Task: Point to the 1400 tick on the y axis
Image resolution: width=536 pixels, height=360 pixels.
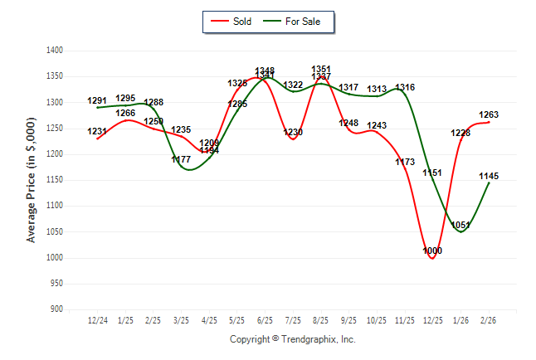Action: (x=56, y=51)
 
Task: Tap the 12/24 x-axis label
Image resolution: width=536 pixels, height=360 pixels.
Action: (x=97, y=320)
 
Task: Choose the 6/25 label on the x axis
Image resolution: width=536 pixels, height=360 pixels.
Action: (x=266, y=320)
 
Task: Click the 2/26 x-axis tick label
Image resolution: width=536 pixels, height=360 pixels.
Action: (x=489, y=320)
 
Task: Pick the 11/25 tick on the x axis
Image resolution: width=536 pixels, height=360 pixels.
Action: (x=405, y=320)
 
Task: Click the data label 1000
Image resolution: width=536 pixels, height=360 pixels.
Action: (x=432, y=251)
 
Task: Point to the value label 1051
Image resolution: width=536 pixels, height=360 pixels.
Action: (x=460, y=225)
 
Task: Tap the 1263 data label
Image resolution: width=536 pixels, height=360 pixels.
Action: (x=489, y=114)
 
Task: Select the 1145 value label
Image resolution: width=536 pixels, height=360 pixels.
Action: (x=489, y=176)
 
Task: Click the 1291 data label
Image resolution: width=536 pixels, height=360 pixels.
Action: (x=97, y=101)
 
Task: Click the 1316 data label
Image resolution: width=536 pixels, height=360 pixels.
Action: (x=405, y=88)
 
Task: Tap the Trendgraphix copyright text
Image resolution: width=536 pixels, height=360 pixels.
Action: (x=292, y=339)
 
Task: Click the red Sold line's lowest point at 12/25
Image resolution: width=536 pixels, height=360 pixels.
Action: (x=432, y=258)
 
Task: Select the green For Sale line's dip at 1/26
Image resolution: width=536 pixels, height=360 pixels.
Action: (x=460, y=232)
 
